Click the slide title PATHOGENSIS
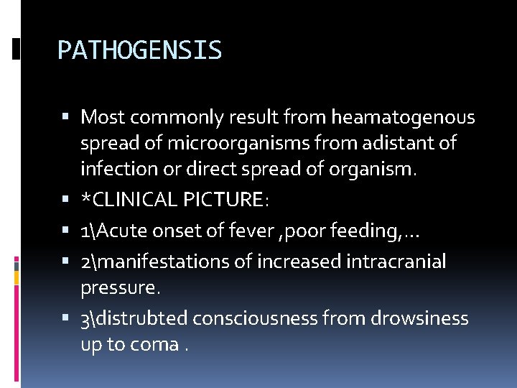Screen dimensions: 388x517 (x=139, y=51)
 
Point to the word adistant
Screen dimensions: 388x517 (x=403, y=144)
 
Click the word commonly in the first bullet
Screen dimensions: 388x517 (x=171, y=117)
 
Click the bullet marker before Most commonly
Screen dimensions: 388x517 (x=67, y=117)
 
